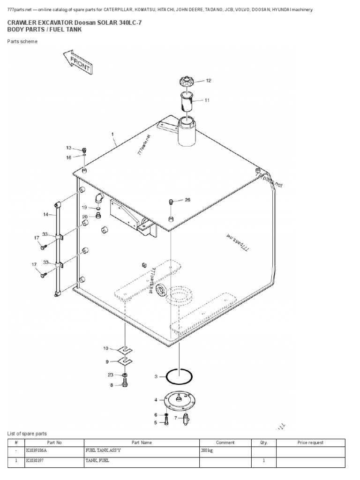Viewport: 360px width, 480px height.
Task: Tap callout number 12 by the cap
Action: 209,81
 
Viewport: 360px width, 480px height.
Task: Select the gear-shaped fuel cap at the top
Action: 187,82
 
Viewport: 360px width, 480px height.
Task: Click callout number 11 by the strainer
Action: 207,100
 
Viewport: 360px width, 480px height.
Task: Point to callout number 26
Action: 187,200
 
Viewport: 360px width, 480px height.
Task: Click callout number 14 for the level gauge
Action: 46,215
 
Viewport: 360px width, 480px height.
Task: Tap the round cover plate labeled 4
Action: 180,400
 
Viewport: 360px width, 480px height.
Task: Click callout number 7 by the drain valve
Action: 176,418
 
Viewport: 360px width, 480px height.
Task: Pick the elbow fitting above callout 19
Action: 98,198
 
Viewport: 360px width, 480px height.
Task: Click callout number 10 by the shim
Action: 105,348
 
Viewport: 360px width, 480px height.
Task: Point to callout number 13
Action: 69,148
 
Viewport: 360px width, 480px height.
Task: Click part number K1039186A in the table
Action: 36,451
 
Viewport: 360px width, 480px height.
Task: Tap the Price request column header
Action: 310,442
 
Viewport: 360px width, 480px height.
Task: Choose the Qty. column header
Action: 263,442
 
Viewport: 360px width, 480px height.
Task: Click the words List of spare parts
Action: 27,434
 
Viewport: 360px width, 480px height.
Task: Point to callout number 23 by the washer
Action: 111,375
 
